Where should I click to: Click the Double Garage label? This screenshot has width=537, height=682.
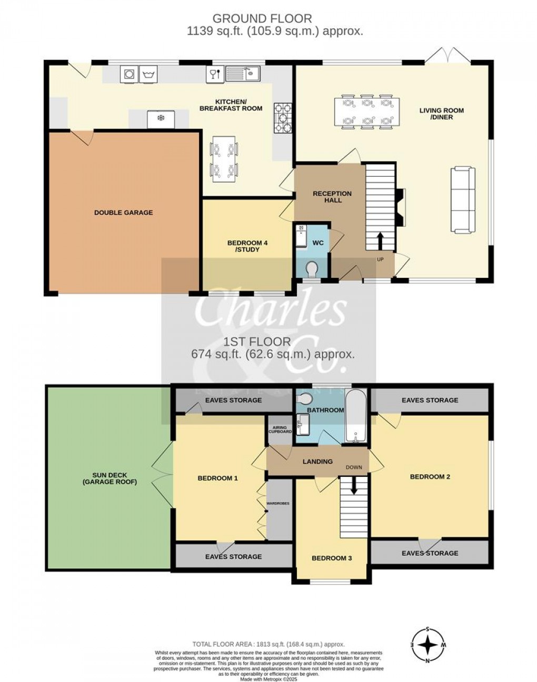click(x=123, y=213)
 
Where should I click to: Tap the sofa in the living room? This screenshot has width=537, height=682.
click(x=463, y=200)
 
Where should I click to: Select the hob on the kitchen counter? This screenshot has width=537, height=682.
click(x=282, y=117)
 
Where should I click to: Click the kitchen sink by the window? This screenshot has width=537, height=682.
click(x=243, y=74)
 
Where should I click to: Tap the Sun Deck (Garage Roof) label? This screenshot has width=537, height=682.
click(x=110, y=478)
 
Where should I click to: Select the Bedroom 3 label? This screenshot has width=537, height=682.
click(x=332, y=558)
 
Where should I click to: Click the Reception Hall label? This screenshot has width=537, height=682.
click(x=332, y=197)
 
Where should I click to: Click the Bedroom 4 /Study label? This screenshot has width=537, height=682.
click(x=247, y=246)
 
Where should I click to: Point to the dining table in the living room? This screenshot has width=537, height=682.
click(x=367, y=112)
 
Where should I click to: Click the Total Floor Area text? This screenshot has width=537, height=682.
click(x=268, y=644)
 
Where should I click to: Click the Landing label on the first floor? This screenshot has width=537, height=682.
click(x=317, y=462)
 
